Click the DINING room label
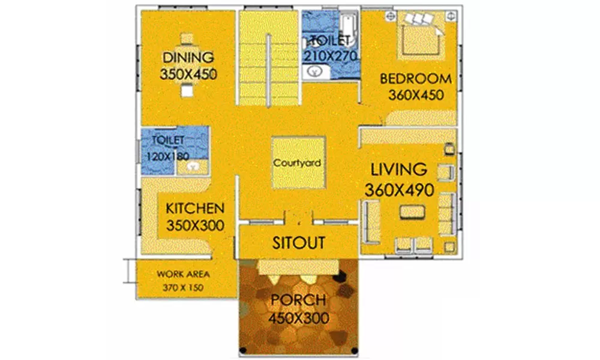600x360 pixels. (x=188, y=58)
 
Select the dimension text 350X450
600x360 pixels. (x=188, y=74)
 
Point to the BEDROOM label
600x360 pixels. (x=416, y=79)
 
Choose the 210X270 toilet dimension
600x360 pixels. (x=331, y=56)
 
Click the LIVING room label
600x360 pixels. (x=398, y=169)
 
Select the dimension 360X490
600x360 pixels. (x=398, y=190)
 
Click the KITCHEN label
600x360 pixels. (x=195, y=209)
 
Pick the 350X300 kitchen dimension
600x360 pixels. (x=195, y=226)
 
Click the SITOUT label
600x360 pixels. (x=299, y=243)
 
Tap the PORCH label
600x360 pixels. (x=298, y=300)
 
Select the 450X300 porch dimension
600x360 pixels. (x=298, y=317)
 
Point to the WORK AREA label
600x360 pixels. (x=183, y=274)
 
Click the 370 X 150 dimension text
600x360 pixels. (x=183, y=288)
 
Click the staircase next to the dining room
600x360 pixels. (x=269, y=57)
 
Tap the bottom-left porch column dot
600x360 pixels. (x=242, y=350)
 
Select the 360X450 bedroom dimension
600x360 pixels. (x=416, y=95)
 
